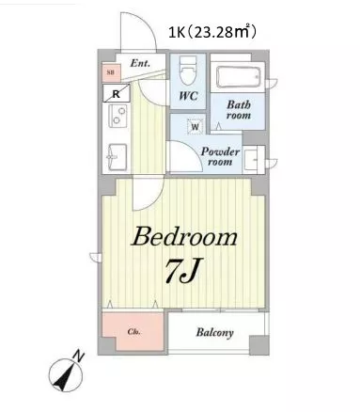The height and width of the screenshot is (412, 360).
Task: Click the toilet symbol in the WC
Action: [x=188, y=71]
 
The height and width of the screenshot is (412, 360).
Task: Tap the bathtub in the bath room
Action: [x=238, y=77]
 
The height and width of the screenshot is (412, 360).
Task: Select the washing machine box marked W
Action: [x=196, y=127]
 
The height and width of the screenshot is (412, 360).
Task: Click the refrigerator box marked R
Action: [x=117, y=93]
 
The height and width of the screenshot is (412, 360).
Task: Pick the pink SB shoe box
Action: [x=111, y=72]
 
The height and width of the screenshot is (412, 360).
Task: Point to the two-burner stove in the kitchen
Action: [x=117, y=116]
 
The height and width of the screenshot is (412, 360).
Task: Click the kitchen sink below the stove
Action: [x=117, y=157]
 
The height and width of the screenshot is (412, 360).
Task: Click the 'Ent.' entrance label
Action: [x=140, y=63]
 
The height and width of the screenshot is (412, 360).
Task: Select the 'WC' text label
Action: [x=188, y=96]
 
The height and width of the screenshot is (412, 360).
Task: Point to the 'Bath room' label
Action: [x=239, y=109]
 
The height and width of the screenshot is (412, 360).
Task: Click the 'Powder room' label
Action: [x=220, y=156]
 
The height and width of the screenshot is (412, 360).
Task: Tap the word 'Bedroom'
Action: [x=184, y=237]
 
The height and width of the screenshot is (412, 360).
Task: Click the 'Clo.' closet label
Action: [x=133, y=332]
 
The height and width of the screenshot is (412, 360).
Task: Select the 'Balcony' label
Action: [x=215, y=332]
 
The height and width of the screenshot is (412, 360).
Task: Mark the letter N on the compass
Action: [x=78, y=357]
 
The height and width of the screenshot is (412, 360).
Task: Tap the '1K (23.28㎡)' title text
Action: [x=212, y=32]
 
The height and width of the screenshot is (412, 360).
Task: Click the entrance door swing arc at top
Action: [x=148, y=25]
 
